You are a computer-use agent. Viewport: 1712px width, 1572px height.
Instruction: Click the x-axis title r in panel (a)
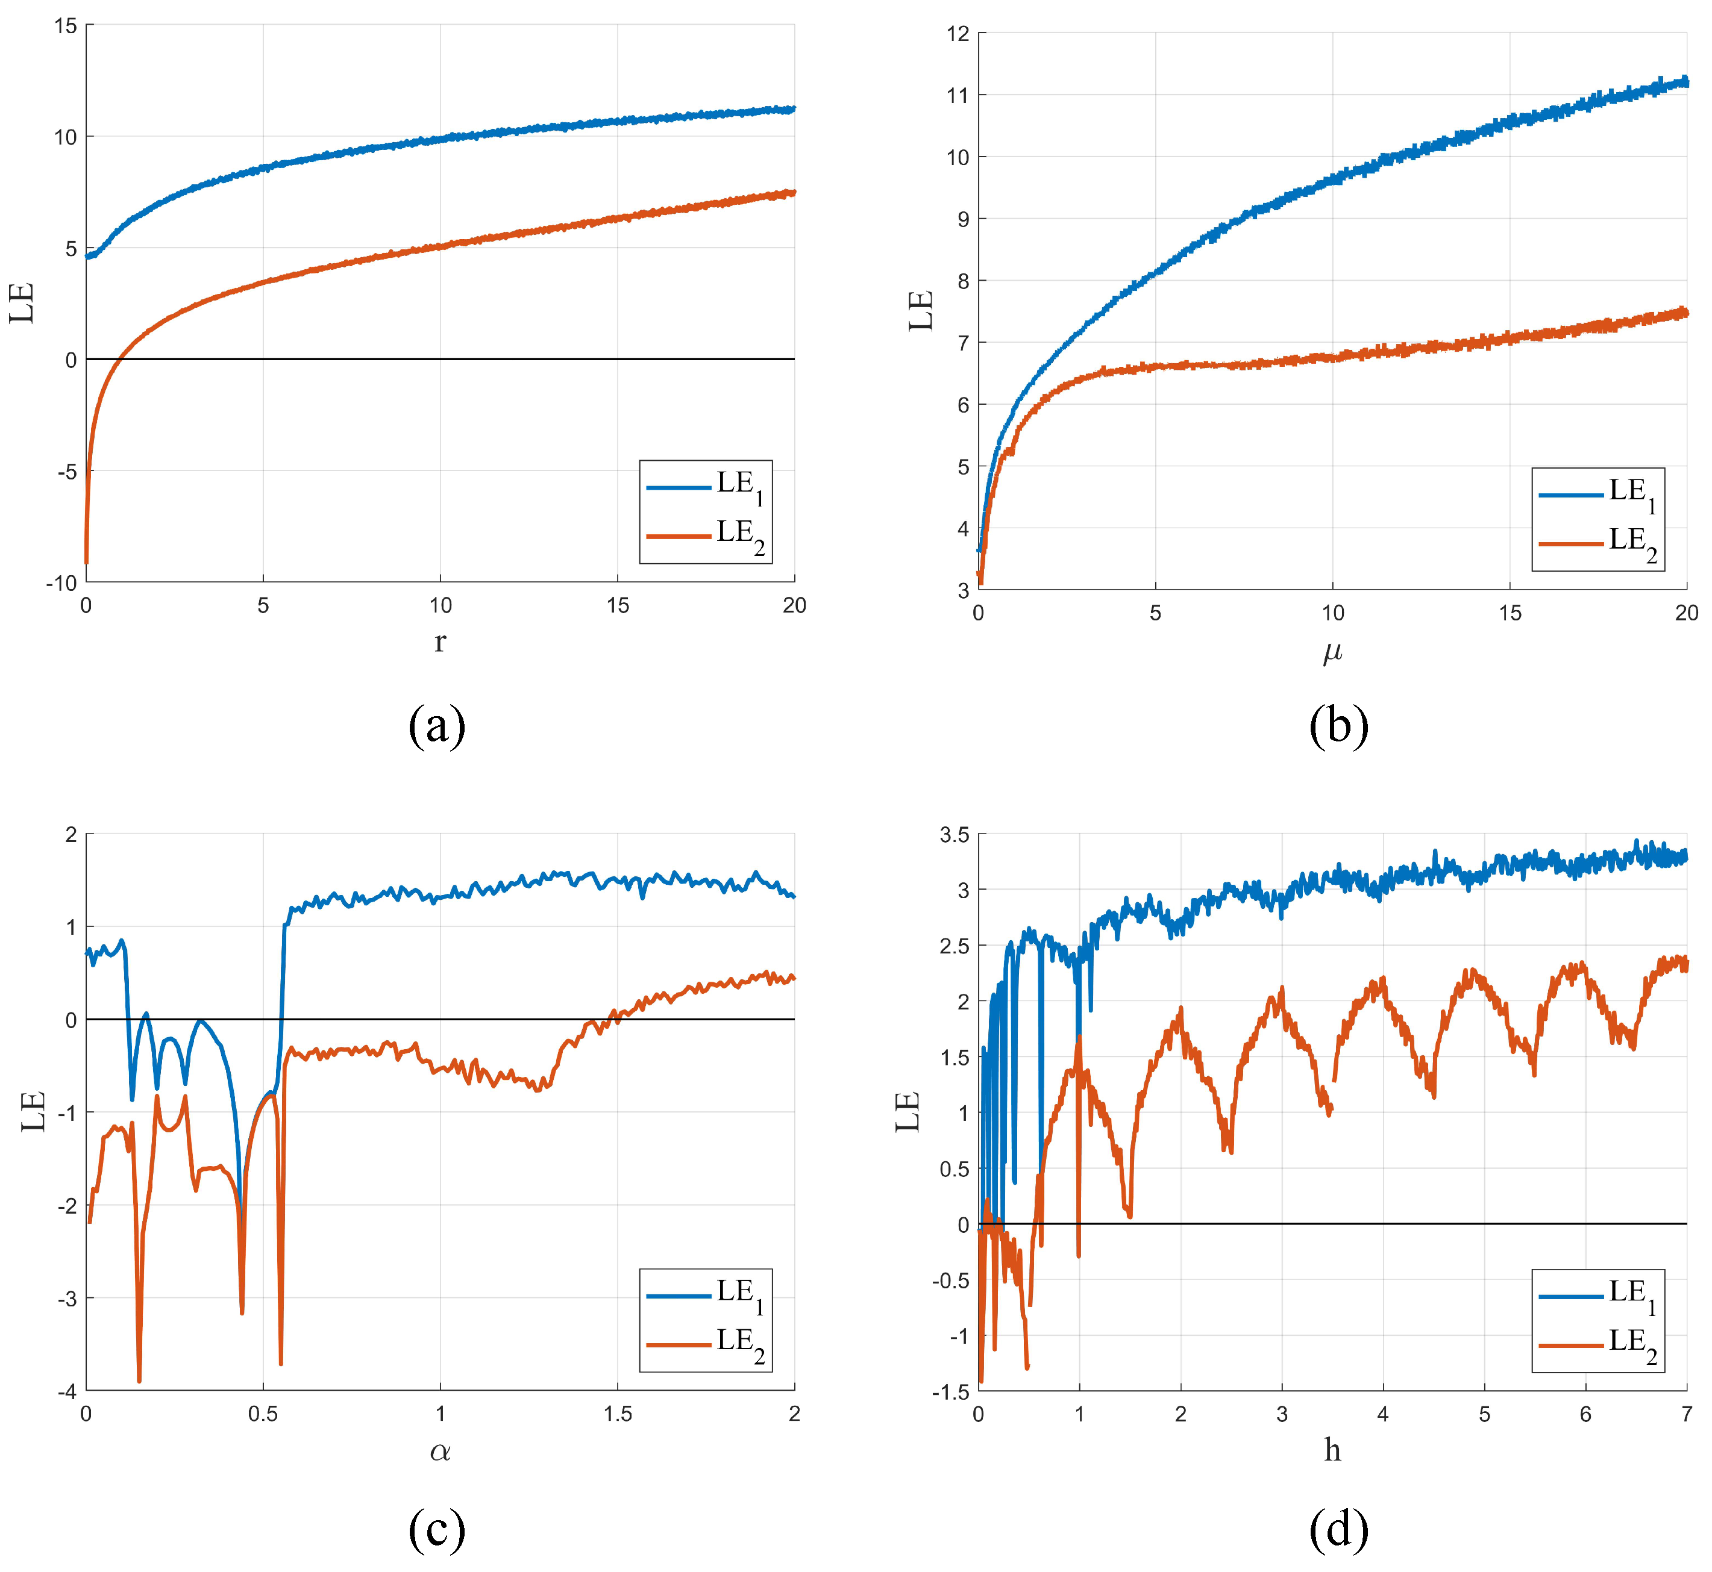pos(440,642)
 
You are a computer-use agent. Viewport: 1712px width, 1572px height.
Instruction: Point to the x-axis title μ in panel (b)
pos(1332,652)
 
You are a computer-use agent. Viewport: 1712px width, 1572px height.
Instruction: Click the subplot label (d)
pos(1338,1529)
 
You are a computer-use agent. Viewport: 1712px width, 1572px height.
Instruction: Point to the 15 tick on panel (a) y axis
pos(66,27)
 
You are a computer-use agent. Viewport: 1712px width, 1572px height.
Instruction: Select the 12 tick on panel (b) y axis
pos(958,34)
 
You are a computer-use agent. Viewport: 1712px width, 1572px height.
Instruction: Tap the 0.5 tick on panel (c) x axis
pos(263,1414)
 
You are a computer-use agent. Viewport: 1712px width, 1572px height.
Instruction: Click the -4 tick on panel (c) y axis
pos(66,1392)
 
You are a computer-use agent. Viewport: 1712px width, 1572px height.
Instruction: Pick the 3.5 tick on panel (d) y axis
pos(954,835)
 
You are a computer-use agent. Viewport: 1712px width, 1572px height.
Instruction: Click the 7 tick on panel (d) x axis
pos(1685,1414)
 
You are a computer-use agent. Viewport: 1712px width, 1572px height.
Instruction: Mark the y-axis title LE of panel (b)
pos(921,311)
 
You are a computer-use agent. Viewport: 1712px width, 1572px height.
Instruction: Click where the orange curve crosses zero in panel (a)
pos(120,359)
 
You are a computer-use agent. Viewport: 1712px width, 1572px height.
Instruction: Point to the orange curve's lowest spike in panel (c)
pos(140,1380)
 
